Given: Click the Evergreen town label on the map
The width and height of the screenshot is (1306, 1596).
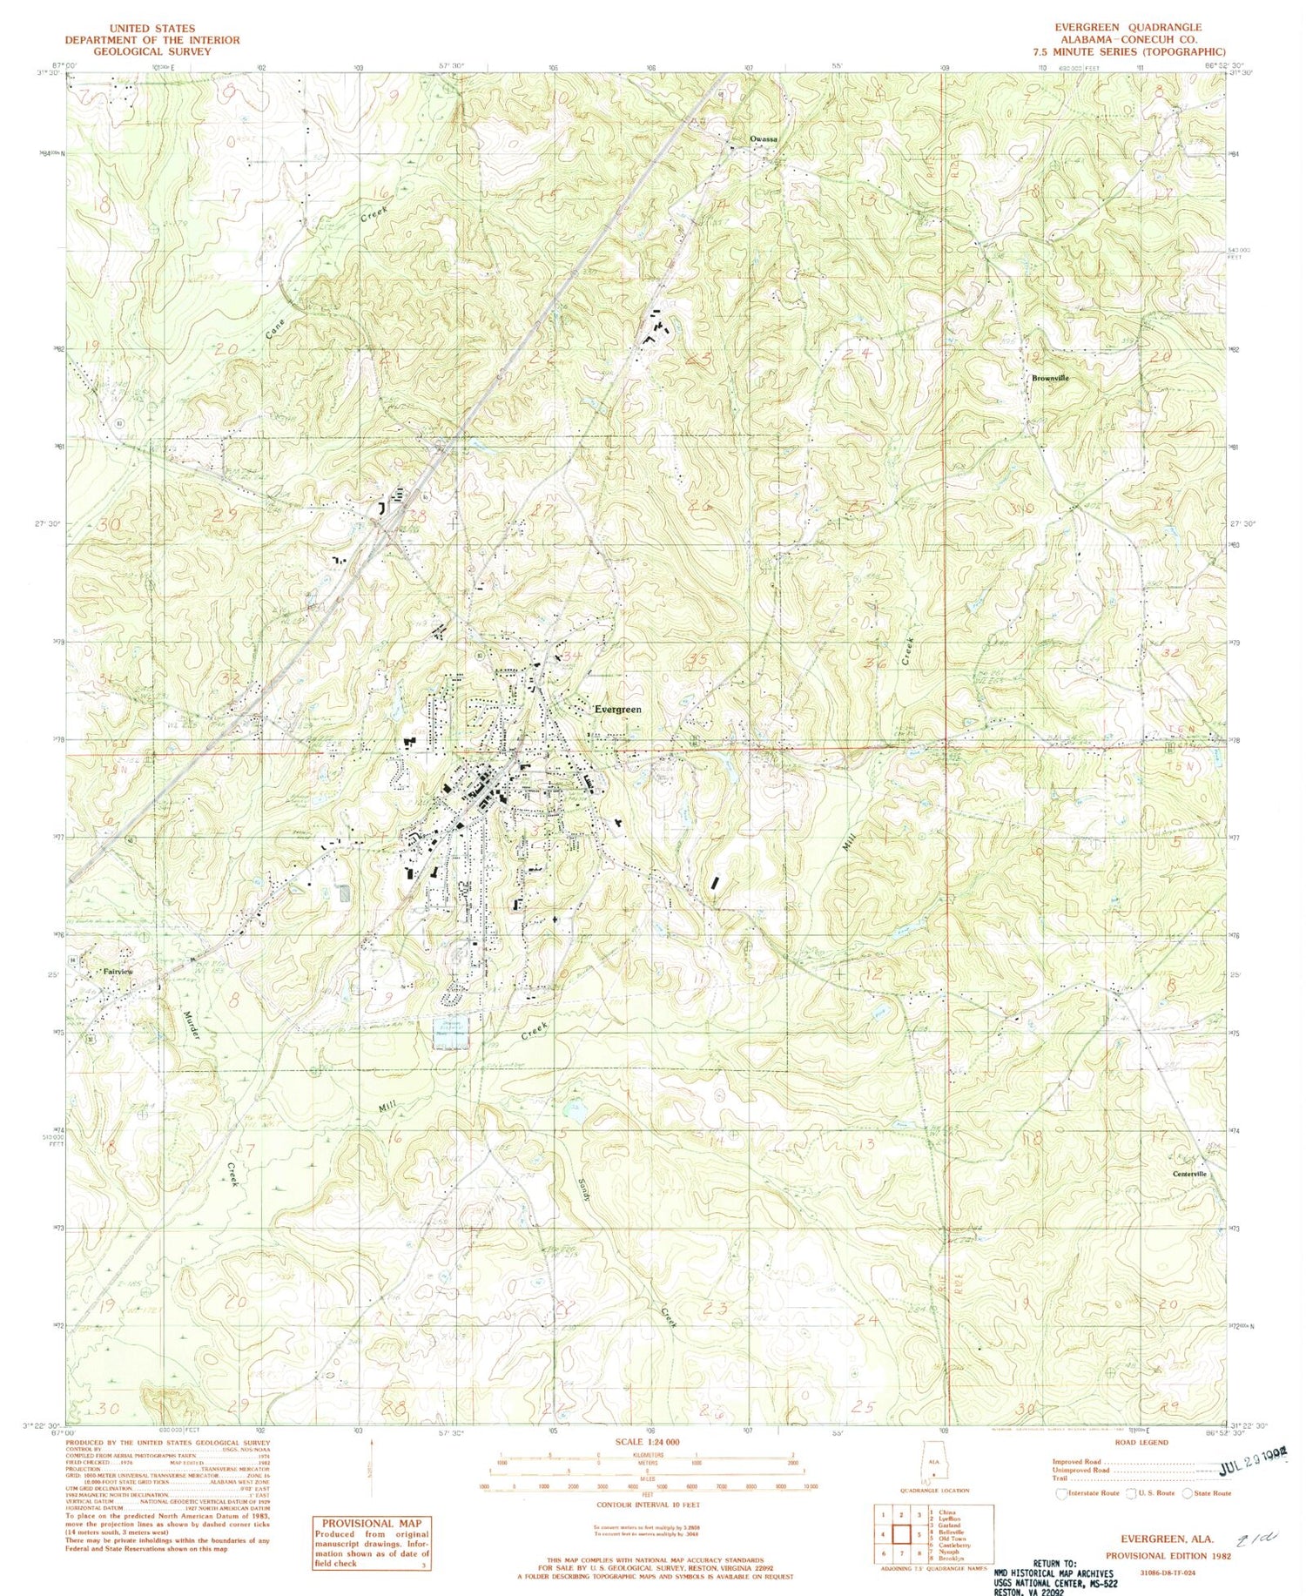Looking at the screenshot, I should (618, 710).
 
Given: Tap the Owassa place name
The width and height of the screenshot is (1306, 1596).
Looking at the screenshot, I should (764, 139).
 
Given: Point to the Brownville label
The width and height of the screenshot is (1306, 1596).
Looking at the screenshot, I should (1049, 379).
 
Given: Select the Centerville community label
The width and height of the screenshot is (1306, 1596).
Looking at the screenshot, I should (1189, 1175).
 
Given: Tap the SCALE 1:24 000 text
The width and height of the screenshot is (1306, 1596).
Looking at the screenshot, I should (647, 1442).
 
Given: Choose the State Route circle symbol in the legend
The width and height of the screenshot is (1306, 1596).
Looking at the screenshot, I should (1188, 1493).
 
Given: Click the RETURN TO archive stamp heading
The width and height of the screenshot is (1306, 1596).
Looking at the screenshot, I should (1054, 1564).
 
